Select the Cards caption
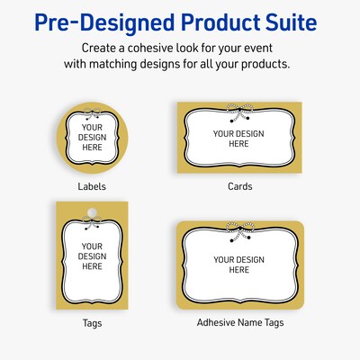[x=240, y=187]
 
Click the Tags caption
[x=93, y=321]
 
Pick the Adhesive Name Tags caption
[x=240, y=321]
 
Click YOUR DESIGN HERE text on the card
[x=236, y=139]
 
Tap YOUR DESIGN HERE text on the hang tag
[x=93, y=256]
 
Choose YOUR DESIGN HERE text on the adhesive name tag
[x=236, y=265]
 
